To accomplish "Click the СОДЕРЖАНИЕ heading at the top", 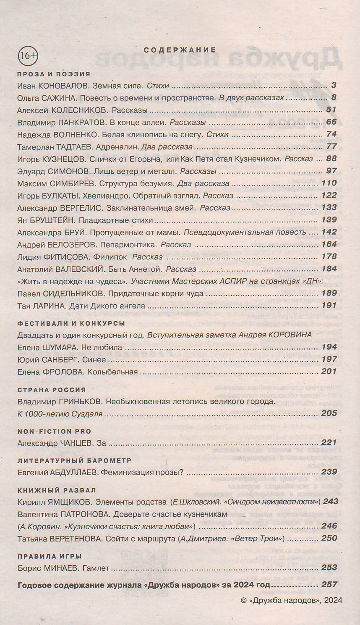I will (180, 50).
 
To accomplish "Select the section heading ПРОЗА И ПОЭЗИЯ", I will (54, 74).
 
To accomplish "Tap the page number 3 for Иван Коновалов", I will (334, 85).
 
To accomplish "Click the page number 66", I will (331, 122).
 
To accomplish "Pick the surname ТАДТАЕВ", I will (72, 147).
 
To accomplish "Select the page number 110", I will (329, 183).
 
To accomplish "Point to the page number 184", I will (329, 269).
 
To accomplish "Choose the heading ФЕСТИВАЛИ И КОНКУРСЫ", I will (71, 323).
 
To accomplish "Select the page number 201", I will (329, 371).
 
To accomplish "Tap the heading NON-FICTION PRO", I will (54, 431).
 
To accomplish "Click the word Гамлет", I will (96, 568).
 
